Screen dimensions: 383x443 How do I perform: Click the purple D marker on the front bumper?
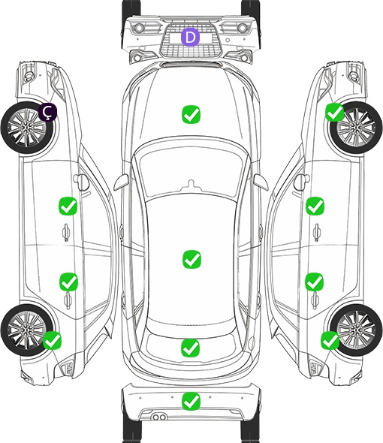190,37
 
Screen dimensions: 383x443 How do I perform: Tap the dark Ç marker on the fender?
48,112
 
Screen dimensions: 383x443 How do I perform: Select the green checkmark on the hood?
191,114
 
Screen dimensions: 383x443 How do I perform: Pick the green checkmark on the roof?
191,259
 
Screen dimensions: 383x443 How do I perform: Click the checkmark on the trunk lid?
190,348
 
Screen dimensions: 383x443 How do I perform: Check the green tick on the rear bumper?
191,401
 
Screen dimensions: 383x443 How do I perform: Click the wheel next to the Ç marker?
28,128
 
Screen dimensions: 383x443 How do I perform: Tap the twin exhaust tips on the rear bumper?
159,417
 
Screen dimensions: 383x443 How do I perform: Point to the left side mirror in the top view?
121,182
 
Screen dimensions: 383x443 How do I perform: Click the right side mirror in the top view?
261,182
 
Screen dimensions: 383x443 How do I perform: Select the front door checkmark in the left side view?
68,206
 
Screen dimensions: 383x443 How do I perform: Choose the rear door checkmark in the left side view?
68,282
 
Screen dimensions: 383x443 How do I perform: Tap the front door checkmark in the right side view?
315,206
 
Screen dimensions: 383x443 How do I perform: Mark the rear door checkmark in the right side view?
315,282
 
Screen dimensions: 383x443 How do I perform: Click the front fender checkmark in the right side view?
335,112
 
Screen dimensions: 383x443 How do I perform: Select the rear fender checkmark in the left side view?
52,340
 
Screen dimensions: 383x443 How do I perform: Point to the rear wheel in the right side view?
356,330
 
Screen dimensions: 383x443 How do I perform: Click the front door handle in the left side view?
66,232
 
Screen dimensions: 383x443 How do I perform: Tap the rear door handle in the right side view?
315,302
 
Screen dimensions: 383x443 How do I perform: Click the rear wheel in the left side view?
27,330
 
